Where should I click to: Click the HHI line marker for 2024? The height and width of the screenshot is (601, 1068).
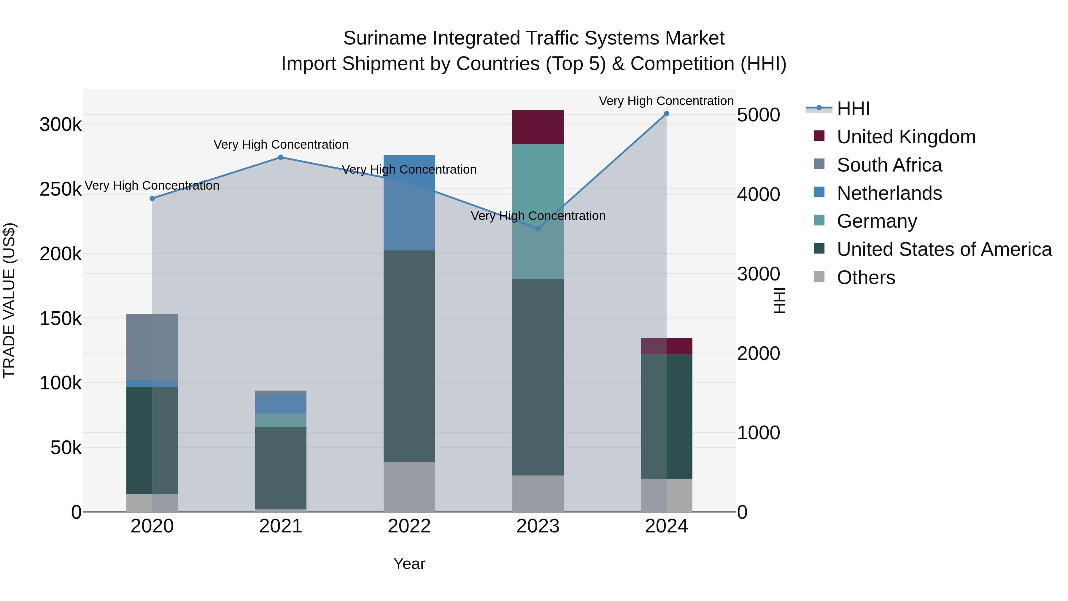tap(666, 114)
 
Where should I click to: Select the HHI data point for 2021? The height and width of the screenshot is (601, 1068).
tap(281, 157)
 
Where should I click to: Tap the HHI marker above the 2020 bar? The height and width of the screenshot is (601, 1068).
tap(152, 198)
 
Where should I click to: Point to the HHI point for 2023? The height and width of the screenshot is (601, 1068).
tap(538, 229)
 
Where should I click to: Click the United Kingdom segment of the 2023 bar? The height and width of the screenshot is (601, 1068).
tap(538, 127)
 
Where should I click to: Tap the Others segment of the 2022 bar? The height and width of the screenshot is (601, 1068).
tap(409, 486)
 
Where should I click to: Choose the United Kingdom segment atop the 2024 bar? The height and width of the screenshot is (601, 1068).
tap(666, 346)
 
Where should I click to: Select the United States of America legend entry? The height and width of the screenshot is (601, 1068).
tap(944, 249)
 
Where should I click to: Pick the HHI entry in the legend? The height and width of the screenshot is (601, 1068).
tap(853, 109)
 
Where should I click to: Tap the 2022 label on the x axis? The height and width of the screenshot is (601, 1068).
tap(409, 526)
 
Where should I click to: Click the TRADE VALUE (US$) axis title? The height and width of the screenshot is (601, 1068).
tap(9, 300)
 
